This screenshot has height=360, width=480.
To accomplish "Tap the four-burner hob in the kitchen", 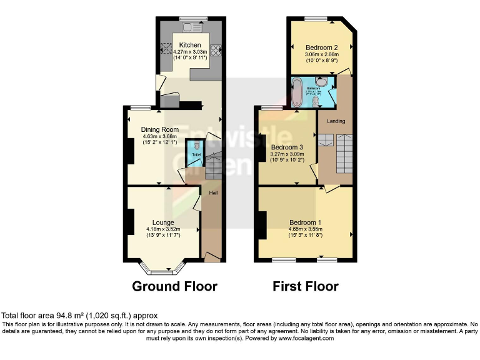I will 216,49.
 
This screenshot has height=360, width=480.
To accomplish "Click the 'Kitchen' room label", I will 190,45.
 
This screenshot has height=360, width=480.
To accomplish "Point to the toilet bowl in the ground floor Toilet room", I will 196,145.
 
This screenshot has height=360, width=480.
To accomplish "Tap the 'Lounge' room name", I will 163,222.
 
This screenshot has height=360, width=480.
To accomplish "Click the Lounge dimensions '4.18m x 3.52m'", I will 163,229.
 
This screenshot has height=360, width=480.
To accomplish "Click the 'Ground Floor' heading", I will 174,287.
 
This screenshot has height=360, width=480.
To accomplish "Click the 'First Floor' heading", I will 306,287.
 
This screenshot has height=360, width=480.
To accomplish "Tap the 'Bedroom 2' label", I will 322,47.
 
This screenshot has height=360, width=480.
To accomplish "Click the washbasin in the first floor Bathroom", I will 321,82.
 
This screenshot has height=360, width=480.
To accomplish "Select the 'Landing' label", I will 336,121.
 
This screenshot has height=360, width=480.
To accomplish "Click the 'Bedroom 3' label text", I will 287,147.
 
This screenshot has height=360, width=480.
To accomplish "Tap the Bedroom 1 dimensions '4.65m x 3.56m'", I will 305,229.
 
